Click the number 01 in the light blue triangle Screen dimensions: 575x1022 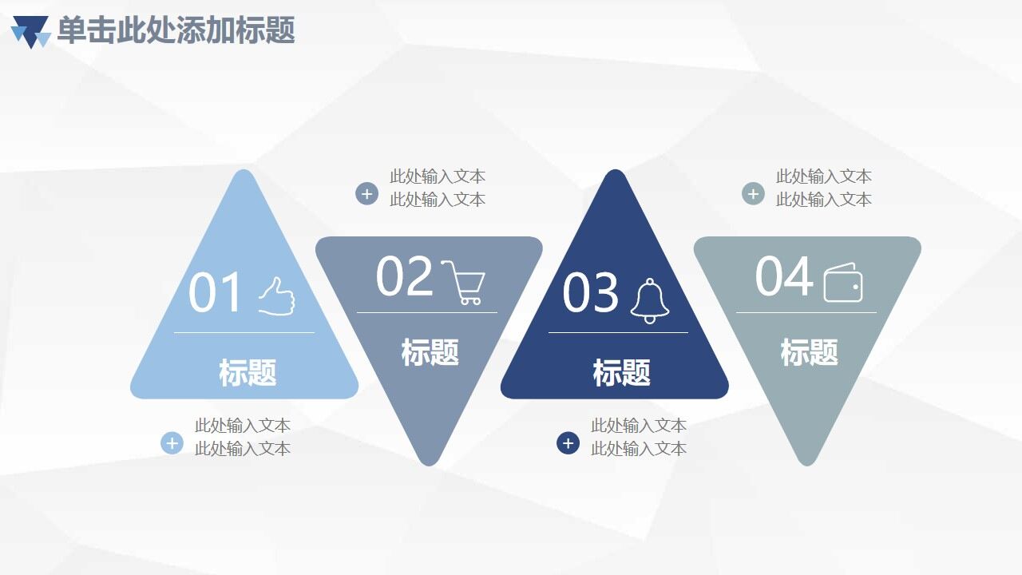215,292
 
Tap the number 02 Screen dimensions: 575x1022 404,276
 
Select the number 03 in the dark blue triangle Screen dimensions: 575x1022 591,292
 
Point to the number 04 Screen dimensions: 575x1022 783,276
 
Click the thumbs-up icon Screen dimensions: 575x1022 276,296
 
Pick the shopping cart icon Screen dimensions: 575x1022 463,282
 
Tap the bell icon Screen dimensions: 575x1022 650,301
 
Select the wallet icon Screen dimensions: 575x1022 843,283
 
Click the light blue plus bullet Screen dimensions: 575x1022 172,442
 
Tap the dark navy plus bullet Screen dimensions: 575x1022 568,442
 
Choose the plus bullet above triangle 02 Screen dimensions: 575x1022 366,193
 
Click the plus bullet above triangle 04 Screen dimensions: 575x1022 753,193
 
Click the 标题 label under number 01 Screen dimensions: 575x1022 248,373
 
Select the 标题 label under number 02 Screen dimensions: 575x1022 430,352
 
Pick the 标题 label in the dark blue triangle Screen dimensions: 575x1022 621,373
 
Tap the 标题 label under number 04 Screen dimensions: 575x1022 809,352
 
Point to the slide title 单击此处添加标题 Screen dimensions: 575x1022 176,30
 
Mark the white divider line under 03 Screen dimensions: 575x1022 618,332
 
